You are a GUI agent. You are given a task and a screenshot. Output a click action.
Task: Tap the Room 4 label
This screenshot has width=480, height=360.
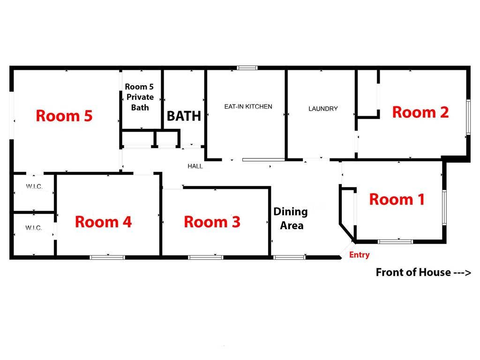coord(103,222)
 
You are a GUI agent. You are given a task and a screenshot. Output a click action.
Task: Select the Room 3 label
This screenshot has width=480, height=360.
coord(212,222)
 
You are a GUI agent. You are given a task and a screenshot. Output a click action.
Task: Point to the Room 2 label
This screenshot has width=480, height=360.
coord(420,112)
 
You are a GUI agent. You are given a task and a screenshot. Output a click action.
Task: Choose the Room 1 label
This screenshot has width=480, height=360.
coord(397,199)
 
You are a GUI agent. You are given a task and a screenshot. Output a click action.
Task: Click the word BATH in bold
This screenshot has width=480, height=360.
coord(184,116)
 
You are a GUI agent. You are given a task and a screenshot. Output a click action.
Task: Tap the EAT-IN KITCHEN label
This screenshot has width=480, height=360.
coord(248,107)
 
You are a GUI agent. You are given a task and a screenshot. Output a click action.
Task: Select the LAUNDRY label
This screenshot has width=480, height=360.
coord(323,109)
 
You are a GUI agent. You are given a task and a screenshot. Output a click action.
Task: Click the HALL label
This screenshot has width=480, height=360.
coord(195,166)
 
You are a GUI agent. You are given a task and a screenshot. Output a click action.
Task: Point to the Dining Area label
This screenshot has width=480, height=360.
coord(291,218)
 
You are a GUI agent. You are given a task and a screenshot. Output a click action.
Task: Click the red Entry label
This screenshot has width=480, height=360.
coord(360,255)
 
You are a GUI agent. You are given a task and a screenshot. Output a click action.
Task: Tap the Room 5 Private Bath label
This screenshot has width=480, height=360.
coord(139,97)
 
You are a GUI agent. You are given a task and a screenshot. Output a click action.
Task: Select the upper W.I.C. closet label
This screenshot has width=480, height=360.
coord(34,187)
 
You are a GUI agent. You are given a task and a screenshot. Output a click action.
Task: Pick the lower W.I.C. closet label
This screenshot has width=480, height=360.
coord(34,228)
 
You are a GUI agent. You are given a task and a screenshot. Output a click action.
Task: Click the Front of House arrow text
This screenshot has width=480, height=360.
coord(423,272)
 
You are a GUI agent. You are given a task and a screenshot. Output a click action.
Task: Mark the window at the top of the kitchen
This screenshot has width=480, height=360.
coord(247,68)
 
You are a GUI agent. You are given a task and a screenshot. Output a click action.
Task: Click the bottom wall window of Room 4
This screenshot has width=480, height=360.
coord(107,257)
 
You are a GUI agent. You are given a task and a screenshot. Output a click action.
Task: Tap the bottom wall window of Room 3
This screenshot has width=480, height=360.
coord(206,257)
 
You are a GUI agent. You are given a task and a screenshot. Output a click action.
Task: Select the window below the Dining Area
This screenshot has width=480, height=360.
coord(289,257)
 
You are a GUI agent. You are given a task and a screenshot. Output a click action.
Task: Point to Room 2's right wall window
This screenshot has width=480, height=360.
coord(468,117)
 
